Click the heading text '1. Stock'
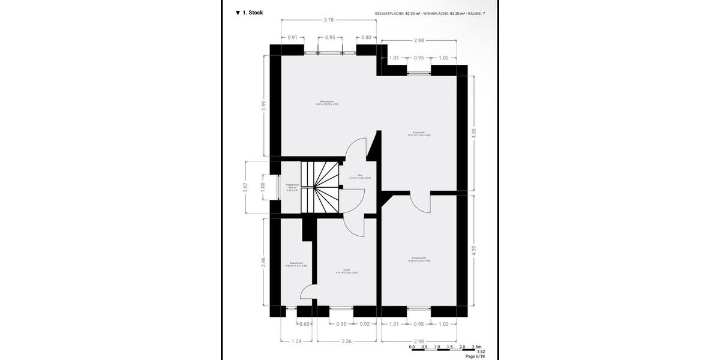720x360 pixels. (253, 13)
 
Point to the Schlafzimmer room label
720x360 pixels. (419, 259)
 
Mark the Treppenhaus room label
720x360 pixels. (293, 186)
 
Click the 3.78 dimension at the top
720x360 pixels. (329, 20)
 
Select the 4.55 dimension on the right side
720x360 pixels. (474, 133)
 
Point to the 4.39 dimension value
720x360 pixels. (474, 250)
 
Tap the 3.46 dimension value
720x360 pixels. (263, 262)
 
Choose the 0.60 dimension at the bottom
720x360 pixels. (304, 324)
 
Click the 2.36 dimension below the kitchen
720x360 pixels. (347, 342)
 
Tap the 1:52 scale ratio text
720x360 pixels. (481, 352)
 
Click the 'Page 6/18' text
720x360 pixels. (475, 356)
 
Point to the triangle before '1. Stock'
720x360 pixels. (238, 13)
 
